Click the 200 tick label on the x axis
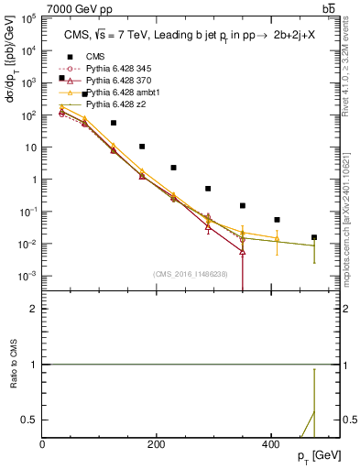point(156,443)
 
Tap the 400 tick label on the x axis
point(270,443)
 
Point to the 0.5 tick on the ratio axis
point(31,420)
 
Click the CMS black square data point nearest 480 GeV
point(314,237)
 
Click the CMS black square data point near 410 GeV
point(278,220)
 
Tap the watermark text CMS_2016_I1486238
point(191,274)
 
